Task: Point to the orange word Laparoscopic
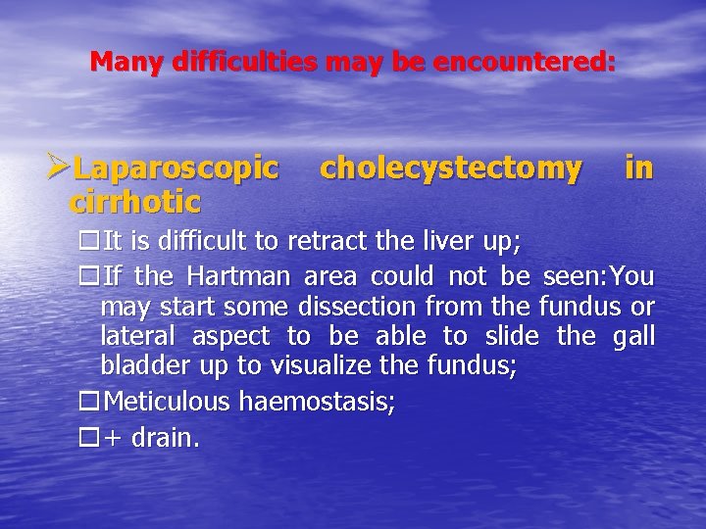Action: coord(176,169)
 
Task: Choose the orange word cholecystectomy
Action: coord(451,168)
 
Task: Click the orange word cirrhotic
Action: coord(135,202)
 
